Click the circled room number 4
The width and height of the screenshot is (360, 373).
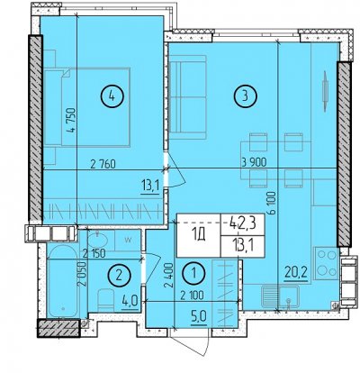click(112, 96)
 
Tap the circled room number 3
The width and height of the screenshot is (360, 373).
click(246, 96)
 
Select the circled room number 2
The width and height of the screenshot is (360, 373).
click(119, 275)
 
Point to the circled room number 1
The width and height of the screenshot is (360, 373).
click(193, 273)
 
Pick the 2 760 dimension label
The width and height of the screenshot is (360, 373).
click(103, 164)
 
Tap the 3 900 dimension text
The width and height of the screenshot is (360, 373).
click(254, 163)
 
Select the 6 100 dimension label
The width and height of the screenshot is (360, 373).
click(273, 204)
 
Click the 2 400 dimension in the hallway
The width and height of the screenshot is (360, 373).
click(168, 276)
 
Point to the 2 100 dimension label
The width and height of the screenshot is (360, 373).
click(192, 296)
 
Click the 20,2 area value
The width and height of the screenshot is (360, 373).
click(297, 274)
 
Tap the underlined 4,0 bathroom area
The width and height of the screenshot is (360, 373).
click(130, 300)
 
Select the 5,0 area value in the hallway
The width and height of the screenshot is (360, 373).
click(200, 316)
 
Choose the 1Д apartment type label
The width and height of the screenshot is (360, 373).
click(199, 236)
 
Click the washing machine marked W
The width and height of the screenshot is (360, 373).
click(128, 240)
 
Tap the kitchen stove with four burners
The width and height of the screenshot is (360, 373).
click(327, 263)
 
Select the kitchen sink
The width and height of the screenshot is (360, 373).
click(280, 296)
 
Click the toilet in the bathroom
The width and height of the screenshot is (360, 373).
click(105, 300)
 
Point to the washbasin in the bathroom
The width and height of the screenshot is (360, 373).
click(97, 241)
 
